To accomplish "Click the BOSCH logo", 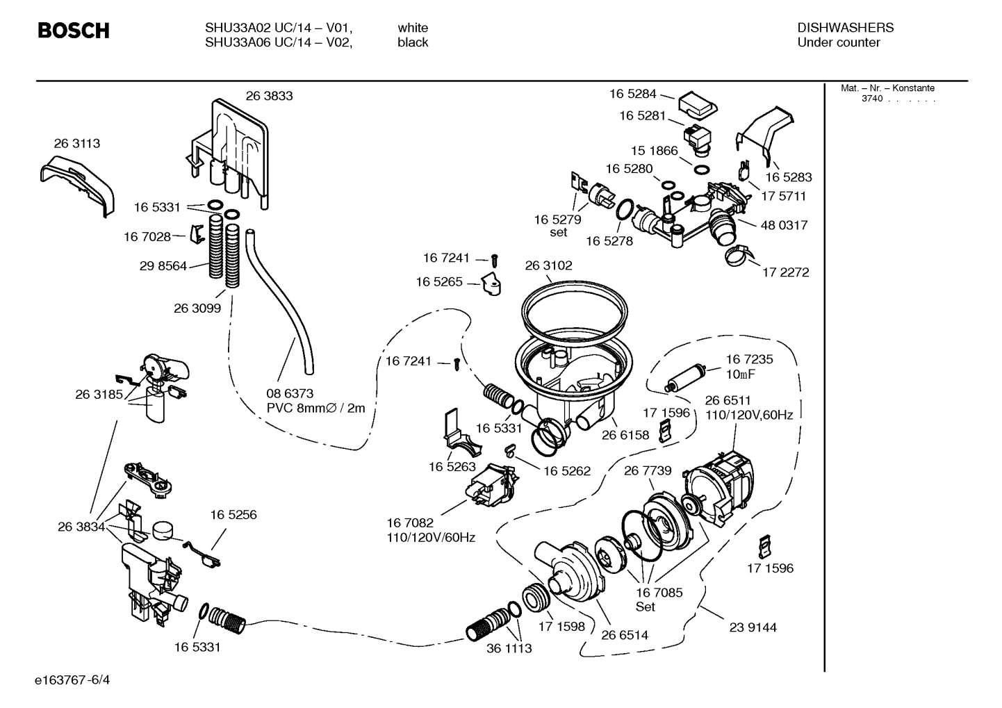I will pos(73,31).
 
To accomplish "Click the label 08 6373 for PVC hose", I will pos(290,393).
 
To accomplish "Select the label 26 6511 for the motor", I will pos(728,400).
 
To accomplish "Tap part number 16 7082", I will pos(410,522).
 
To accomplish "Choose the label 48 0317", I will pos(784,225).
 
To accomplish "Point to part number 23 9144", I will pos(753,627).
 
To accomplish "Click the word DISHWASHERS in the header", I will pos(845,28).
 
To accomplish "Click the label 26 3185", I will pos(99,394).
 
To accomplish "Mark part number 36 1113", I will pos(509,648).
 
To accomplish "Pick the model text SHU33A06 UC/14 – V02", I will pos(278,42).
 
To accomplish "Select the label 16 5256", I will pos(233,515).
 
